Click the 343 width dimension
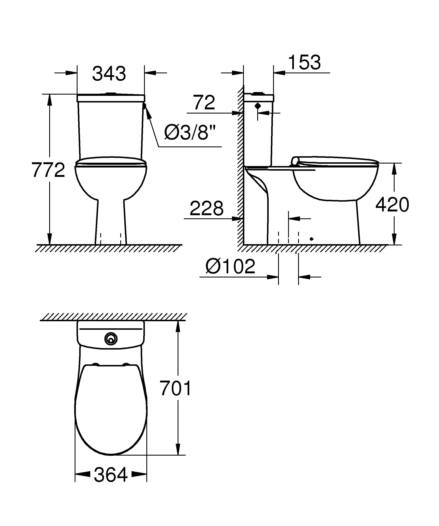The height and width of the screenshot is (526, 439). [109, 74]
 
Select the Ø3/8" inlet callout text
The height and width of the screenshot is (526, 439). [190, 132]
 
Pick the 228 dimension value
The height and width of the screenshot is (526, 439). [206, 208]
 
